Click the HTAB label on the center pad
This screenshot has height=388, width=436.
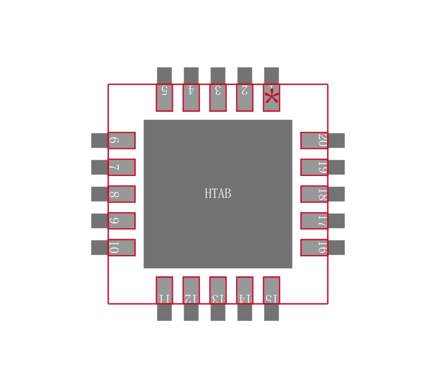(x=217, y=193)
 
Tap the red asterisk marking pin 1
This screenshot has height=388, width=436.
(x=271, y=98)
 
